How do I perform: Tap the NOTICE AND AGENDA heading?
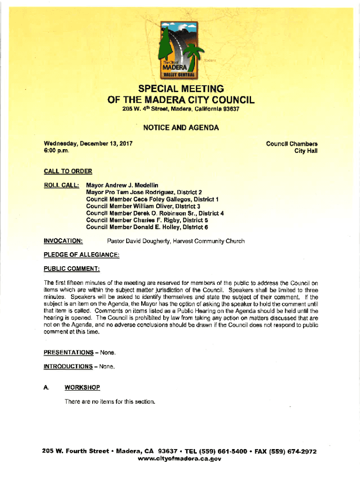pos(181,127)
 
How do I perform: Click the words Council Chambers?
pos(292,144)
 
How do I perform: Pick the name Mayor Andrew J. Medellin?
pos(122,185)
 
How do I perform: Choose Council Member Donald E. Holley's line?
pos(147,227)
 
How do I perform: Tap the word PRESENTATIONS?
pos(68,352)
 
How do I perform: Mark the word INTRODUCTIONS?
pos(68,366)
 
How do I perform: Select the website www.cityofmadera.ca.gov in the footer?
pos(180,459)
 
